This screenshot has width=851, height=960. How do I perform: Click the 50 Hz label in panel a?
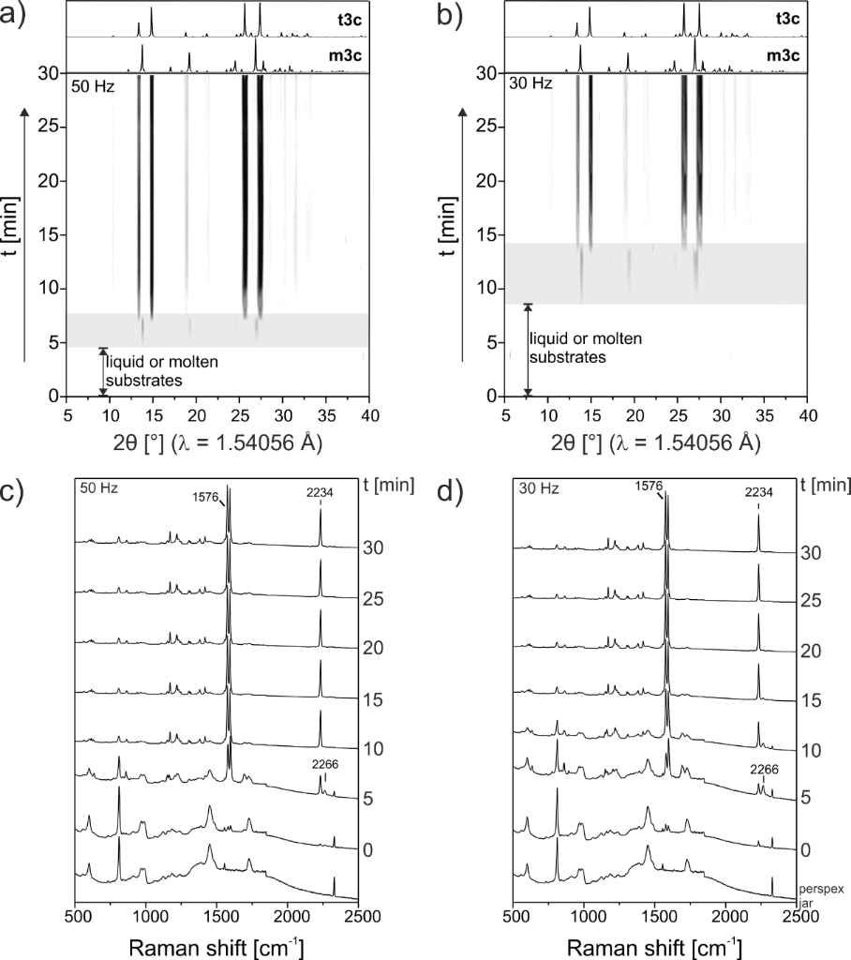[x=89, y=84]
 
